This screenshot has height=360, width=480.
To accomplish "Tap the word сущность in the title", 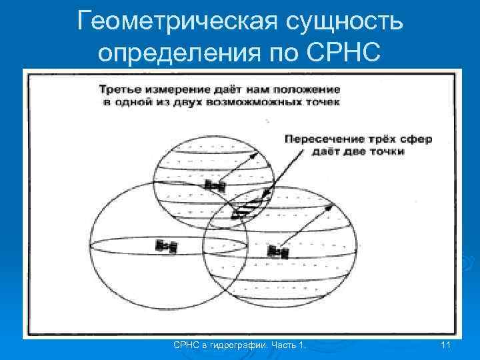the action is click(x=345, y=21).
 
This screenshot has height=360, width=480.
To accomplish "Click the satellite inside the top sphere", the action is click(x=214, y=185).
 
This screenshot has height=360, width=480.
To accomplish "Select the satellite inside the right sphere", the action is click(x=277, y=251).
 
